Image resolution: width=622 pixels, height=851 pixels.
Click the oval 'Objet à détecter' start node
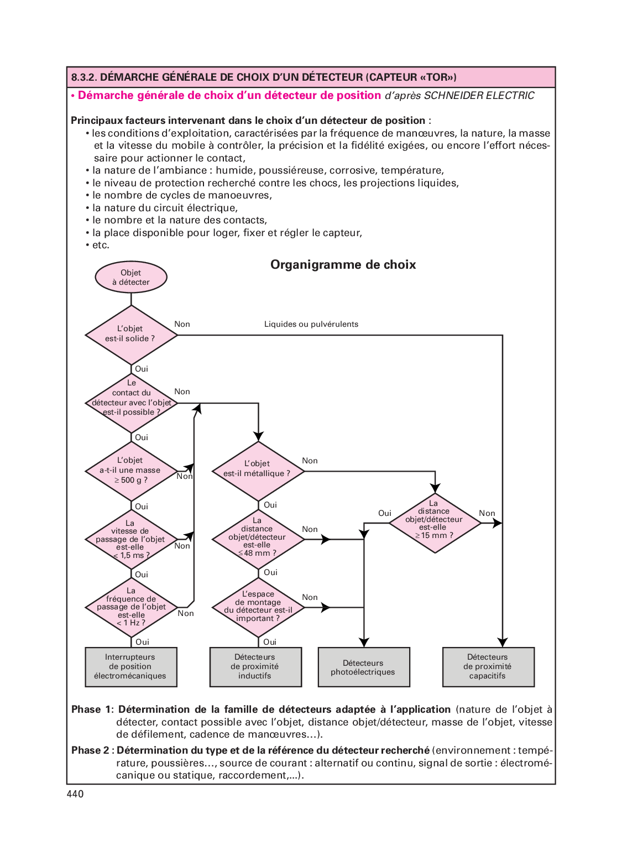pyautogui.click(x=131, y=277)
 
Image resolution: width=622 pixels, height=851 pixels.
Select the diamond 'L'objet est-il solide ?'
pyautogui.click(x=131, y=335)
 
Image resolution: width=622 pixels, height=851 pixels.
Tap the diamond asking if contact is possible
pyautogui.click(x=131, y=403)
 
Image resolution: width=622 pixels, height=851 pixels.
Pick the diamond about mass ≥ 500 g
pyautogui.click(x=131, y=471)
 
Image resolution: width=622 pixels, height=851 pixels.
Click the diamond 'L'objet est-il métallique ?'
pyautogui.click(x=258, y=471)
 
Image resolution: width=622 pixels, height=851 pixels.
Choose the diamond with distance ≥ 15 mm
pyautogui.click(x=435, y=522)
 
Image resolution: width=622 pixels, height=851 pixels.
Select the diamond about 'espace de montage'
pyautogui.click(x=258, y=607)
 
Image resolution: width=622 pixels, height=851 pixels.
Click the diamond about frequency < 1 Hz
pyautogui.click(x=131, y=607)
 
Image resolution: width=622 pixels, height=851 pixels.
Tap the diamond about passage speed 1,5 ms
pyautogui.click(x=131, y=539)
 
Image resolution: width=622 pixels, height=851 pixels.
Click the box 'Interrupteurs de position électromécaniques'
pyautogui.click(x=131, y=667)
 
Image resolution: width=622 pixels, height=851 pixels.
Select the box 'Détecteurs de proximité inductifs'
pyautogui.click(x=255, y=667)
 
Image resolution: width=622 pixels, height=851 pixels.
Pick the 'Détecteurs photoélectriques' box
pyautogui.click(x=364, y=667)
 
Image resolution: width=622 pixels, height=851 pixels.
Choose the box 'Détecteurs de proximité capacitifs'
pyautogui.click(x=488, y=667)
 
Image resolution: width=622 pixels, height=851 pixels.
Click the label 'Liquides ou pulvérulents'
pyautogui.click(x=311, y=325)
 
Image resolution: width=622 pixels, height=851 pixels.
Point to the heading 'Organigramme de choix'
pyautogui.click(x=343, y=265)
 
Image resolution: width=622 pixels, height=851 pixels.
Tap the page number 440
pyautogui.click(x=75, y=794)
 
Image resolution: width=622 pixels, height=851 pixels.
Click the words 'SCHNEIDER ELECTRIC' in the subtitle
pyautogui.click(x=479, y=96)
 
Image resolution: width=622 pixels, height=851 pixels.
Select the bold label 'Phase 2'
pyautogui.click(x=91, y=750)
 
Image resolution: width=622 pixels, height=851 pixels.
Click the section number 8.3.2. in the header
pyautogui.click(x=84, y=77)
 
